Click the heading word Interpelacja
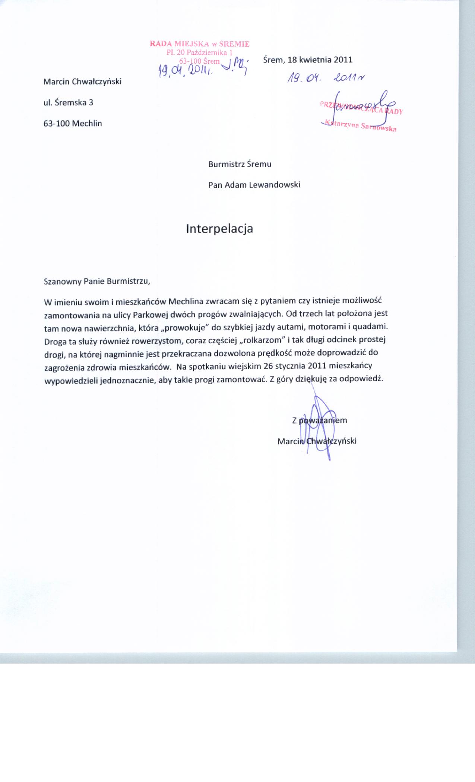point(219,229)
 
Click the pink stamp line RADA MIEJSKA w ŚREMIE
point(199,44)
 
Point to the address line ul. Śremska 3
point(68,102)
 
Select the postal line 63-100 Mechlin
point(73,123)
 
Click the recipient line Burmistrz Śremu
point(240,164)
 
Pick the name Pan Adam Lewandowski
point(254,185)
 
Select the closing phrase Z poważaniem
point(319,420)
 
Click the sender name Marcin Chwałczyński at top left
point(82,81)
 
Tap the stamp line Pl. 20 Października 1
point(199,52)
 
